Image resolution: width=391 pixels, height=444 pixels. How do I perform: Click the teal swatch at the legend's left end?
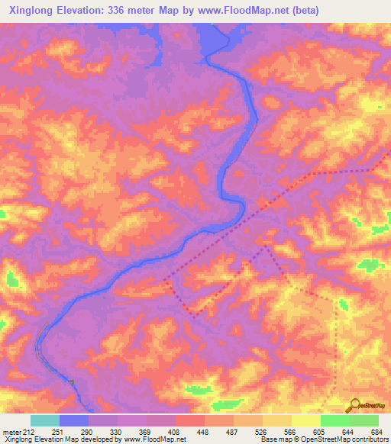(x=45, y=420)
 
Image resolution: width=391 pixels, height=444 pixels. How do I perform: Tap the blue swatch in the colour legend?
(x=74, y=420)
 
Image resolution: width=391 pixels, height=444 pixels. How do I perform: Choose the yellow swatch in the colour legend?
(x=305, y=420)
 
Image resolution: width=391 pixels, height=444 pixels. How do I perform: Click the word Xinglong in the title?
(x=33, y=11)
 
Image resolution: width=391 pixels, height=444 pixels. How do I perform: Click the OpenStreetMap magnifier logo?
(x=354, y=404)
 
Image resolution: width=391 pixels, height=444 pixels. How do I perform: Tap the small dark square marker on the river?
(x=70, y=381)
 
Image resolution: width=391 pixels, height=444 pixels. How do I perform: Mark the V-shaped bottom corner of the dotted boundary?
(x=195, y=314)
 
